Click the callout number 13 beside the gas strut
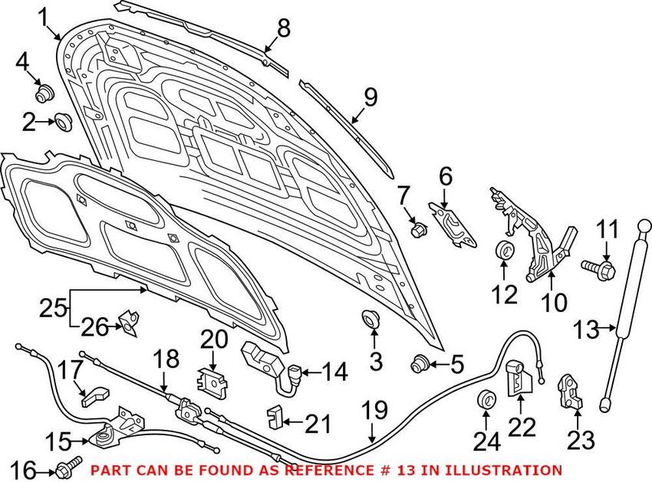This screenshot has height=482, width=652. click(586, 330)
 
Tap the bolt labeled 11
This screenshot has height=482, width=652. click(598, 269)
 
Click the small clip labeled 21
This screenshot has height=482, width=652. click(274, 416)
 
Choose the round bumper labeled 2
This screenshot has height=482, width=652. click(63, 121)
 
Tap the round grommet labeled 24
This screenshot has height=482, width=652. click(485, 399)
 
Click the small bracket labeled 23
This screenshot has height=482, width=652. click(570, 392)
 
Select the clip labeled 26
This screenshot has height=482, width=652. click(129, 323)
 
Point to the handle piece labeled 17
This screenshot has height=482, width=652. click(94, 395)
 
